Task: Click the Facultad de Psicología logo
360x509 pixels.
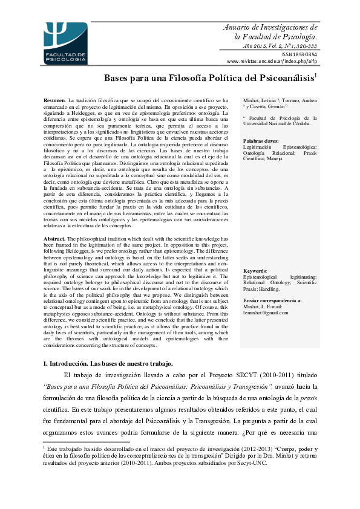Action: [x=65, y=43]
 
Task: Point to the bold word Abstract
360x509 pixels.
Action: [x=55, y=239]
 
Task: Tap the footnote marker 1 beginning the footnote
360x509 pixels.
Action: [x=44, y=448]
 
